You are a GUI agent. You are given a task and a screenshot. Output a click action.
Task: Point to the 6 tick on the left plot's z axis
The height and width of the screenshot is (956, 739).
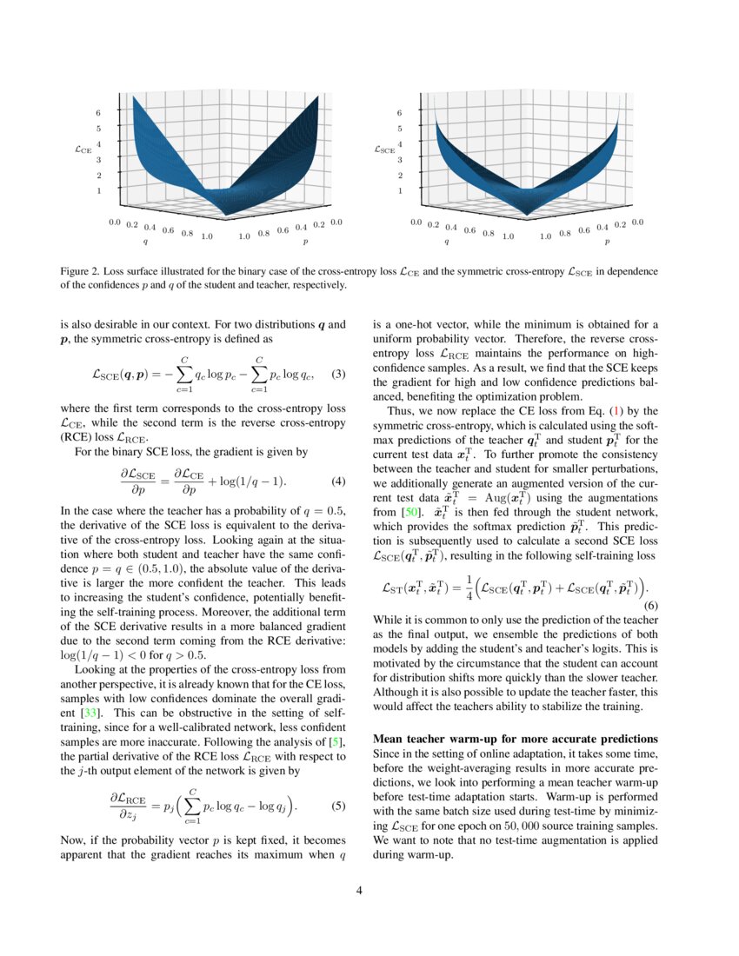(98, 113)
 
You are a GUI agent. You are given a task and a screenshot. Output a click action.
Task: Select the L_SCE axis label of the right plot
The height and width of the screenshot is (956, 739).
(384, 149)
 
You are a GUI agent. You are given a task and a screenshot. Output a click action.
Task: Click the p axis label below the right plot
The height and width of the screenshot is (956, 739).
(607, 242)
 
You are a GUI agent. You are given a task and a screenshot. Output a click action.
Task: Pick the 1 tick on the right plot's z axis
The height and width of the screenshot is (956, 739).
(399, 190)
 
